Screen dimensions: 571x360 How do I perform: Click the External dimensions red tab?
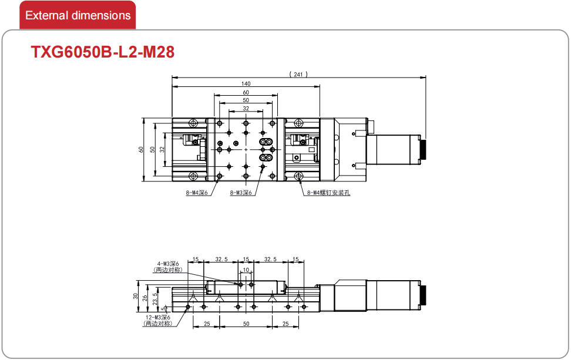tap(78, 15)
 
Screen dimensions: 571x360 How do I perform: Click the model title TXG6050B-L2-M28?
tap(103, 52)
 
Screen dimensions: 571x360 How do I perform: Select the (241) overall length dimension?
tap(298, 74)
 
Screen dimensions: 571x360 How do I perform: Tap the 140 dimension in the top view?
tap(246, 84)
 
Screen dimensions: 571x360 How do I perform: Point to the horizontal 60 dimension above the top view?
tap(246, 92)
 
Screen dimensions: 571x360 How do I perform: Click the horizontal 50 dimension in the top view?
tap(246, 100)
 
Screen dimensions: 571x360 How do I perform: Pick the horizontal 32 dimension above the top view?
tap(246, 109)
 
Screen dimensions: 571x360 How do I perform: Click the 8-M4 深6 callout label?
tap(197, 193)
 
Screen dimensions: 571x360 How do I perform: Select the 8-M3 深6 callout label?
tap(241, 193)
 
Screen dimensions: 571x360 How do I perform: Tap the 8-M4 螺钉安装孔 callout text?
tap(328, 193)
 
